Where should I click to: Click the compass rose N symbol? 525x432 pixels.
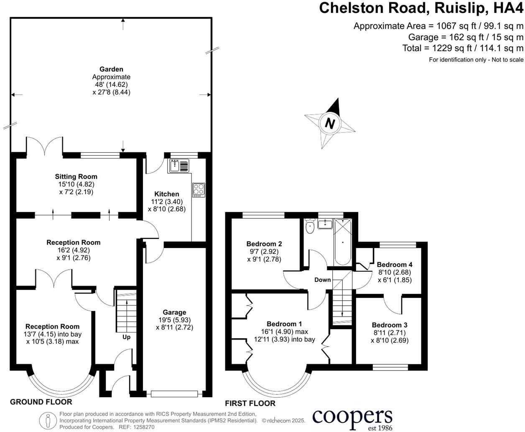[330, 123]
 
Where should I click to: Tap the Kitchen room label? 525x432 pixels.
[166, 194]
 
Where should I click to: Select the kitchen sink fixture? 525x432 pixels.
[179, 166]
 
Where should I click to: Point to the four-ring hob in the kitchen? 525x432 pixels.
[198, 190]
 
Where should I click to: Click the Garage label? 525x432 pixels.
[174, 312]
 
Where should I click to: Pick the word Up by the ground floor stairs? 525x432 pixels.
[126, 337]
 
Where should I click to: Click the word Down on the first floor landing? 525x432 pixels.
[322, 280]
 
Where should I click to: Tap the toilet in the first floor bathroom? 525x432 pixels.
[310, 227]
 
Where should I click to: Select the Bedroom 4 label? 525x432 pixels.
[395, 264]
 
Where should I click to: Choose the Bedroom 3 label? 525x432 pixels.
[390, 325]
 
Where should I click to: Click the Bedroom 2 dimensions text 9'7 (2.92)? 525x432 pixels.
[264, 252]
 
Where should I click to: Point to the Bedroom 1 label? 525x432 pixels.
[284, 324]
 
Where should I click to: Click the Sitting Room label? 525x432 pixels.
[76, 176]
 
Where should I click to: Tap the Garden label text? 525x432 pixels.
[111, 69]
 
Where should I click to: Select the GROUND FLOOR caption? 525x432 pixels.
[41, 402]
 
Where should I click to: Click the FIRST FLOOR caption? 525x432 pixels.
[250, 404]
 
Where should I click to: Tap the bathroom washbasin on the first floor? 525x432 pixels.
[324, 225]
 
